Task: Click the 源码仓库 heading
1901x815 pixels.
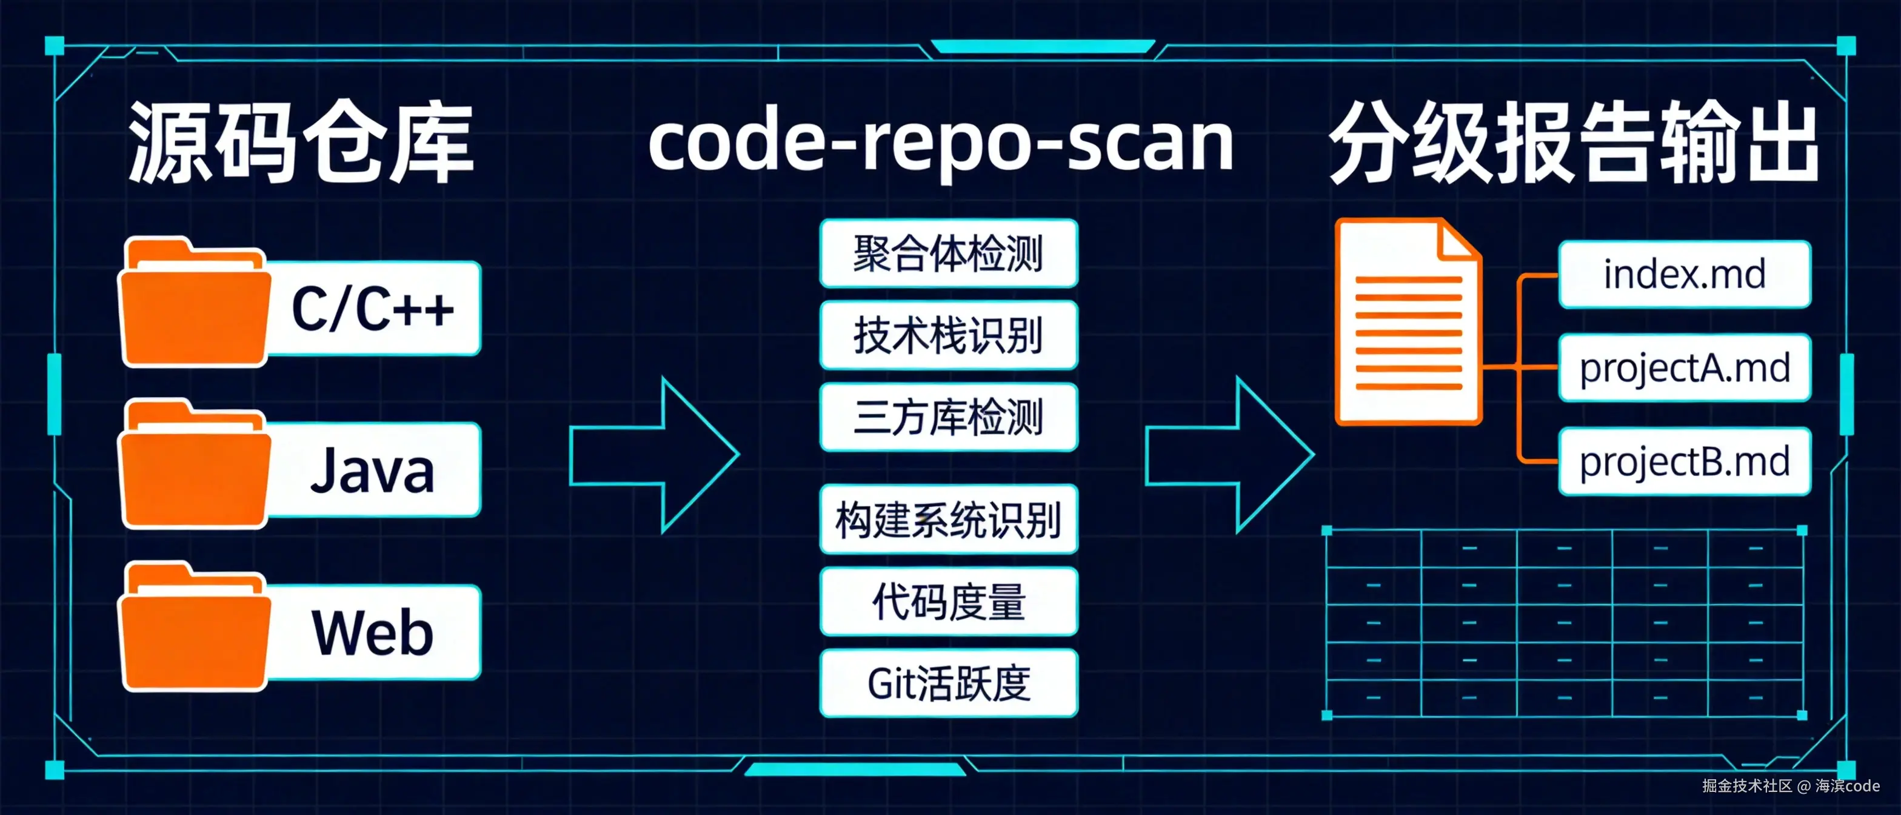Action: (301, 142)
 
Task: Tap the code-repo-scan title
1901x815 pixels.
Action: (941, 142)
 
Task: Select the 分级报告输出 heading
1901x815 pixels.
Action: (1573, 142)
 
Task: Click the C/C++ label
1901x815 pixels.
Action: (373, 309)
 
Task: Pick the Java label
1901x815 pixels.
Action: (373, 470)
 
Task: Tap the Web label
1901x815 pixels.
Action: (373, 632)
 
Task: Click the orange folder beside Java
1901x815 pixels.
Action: (194, 465)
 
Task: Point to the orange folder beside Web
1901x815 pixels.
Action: (194, 628)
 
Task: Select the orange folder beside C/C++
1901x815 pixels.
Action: (194, 303)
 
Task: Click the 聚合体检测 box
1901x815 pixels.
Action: (948, 253)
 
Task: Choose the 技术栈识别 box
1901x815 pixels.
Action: (948, 335)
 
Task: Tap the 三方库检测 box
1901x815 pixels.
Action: (948, 417)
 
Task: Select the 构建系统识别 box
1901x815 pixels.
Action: (948, 519)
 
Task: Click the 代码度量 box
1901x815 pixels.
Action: (948, 601)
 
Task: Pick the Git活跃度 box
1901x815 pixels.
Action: (948, 683)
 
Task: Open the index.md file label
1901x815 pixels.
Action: (1684, 274)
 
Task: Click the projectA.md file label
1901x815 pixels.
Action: (1684, 367)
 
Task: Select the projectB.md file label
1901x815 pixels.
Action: (1684, 461)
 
